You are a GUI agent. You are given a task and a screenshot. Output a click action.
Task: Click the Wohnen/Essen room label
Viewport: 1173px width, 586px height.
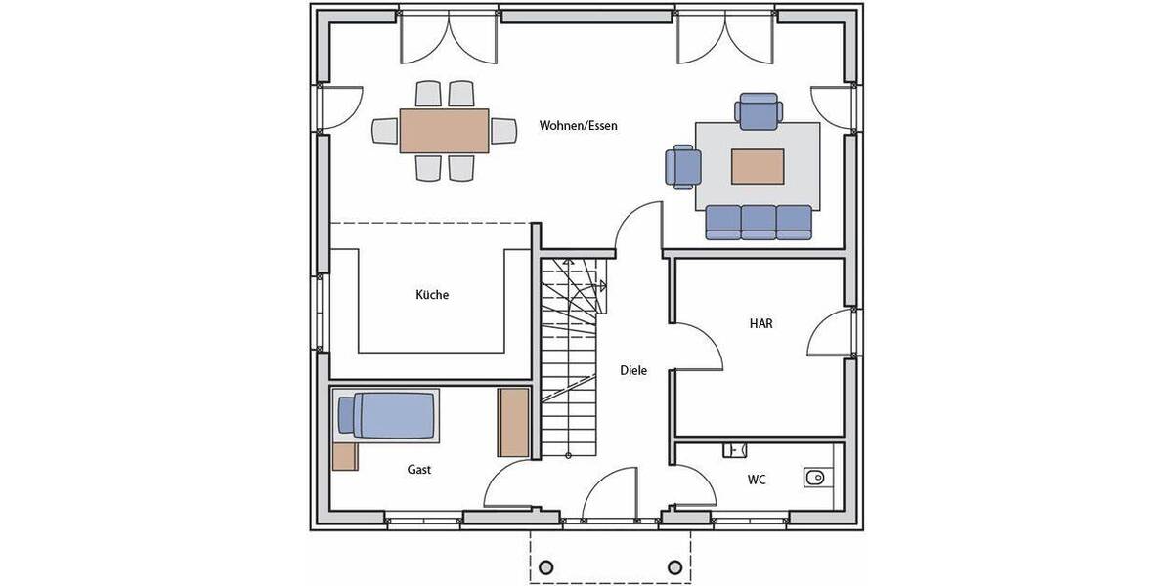(x=578, y=126)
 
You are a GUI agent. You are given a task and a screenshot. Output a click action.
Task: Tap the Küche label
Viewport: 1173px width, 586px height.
(x=432, y=295)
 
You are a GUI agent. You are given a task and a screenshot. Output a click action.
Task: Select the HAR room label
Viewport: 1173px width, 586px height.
(x=760, y=323)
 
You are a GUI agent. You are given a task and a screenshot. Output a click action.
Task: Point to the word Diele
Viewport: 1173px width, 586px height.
(x=633, y=371)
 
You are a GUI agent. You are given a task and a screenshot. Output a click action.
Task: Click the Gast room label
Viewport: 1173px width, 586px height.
(x=419, y=470)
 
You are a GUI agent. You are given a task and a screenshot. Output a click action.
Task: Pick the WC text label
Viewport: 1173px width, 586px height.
(x=756, y=480)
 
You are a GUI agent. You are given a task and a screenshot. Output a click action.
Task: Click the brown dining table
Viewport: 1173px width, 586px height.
(x=444, y=131)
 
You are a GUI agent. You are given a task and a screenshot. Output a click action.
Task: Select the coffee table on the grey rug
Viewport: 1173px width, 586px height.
(x=758, y=166)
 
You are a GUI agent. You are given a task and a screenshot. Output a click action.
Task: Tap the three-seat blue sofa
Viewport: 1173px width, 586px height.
(x=760, y=222)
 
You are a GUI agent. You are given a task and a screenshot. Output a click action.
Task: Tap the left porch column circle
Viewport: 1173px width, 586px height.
(x=546, y=566)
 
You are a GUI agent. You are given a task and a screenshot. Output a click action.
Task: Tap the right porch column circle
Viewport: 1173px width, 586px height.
(x=674, y=566)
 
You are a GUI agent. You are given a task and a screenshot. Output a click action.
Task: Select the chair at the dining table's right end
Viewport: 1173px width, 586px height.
(x=503, y=131)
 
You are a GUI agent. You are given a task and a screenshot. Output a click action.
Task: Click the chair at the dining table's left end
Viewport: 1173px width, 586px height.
(x=384, y=131)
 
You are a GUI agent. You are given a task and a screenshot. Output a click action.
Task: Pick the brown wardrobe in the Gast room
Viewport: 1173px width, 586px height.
(x=513, y=422)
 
